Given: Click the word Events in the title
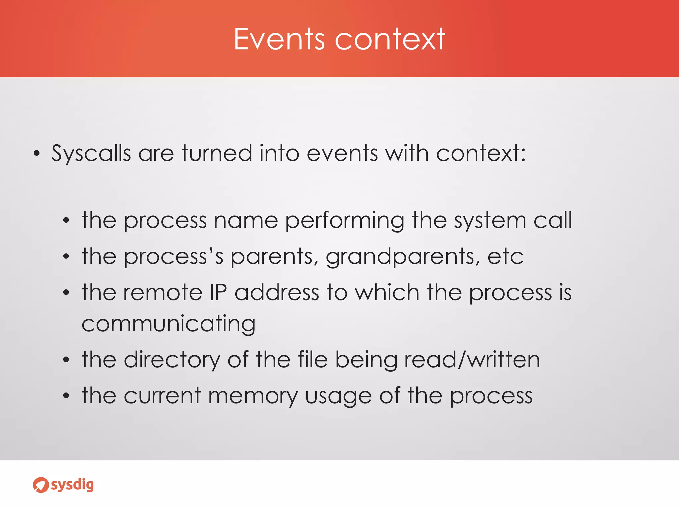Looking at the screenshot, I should (279, 39).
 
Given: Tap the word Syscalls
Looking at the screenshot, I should (91, 154).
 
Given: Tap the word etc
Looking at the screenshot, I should (505, 257).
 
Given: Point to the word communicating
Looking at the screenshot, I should (168, 324).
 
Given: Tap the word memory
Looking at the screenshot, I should (253, 396).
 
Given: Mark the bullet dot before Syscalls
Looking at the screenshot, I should (37, 154).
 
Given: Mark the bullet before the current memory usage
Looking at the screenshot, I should (66, 396).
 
